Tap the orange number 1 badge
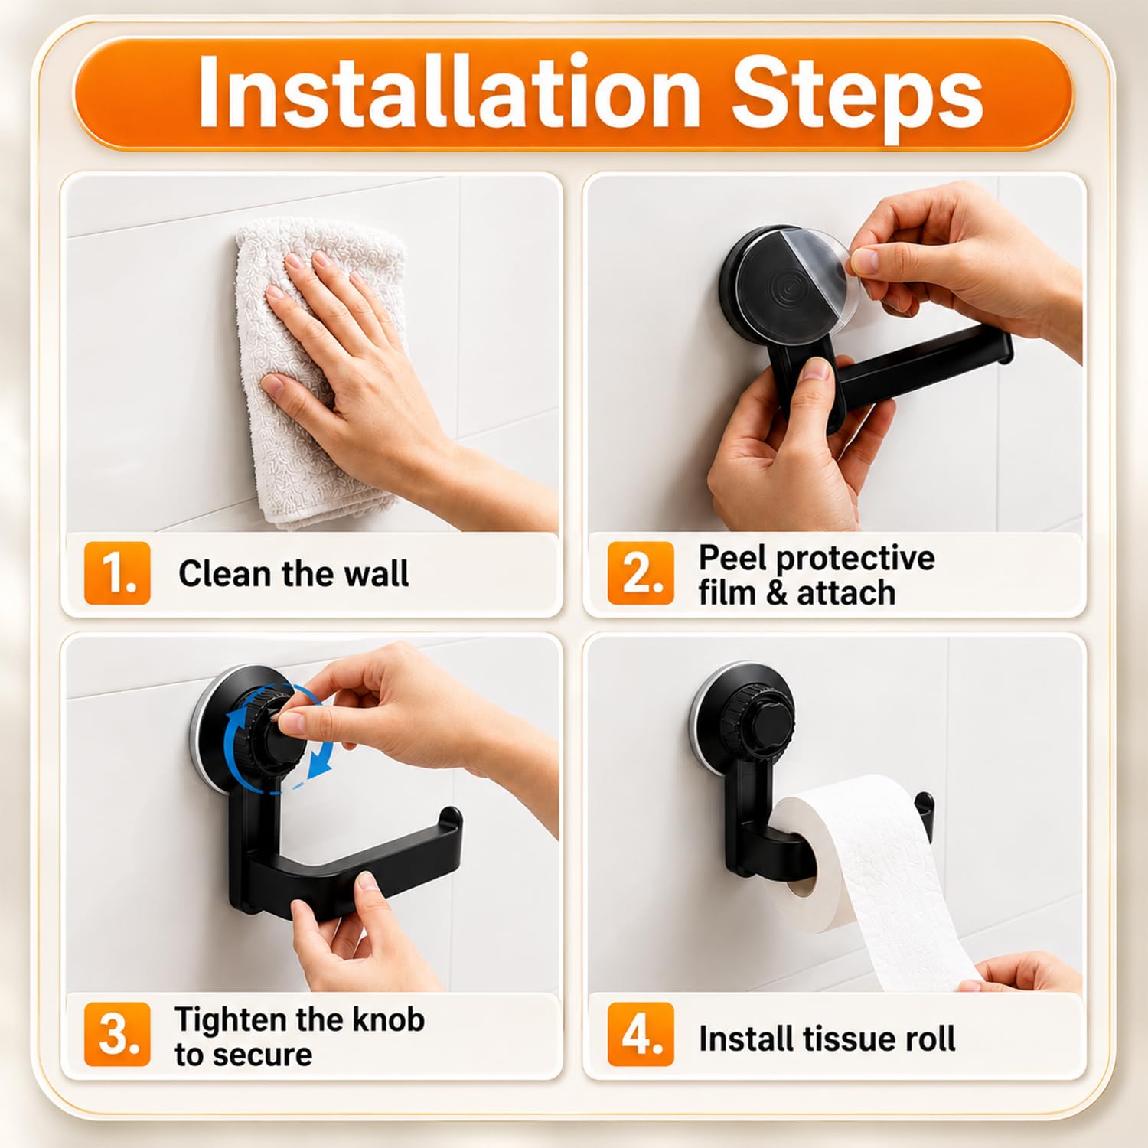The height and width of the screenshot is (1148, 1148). tap(117, 573)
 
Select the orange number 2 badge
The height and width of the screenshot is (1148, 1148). tap(641, 573)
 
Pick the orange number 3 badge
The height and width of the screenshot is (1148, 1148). tap(117, 1034)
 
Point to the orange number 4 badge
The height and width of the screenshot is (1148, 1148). tap(641, 1034)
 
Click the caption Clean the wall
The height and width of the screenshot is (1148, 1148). tap(294, 573)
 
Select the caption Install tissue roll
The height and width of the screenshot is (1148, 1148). tap(827, 1039)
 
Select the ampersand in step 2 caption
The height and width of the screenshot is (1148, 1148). tap(776, 593)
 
